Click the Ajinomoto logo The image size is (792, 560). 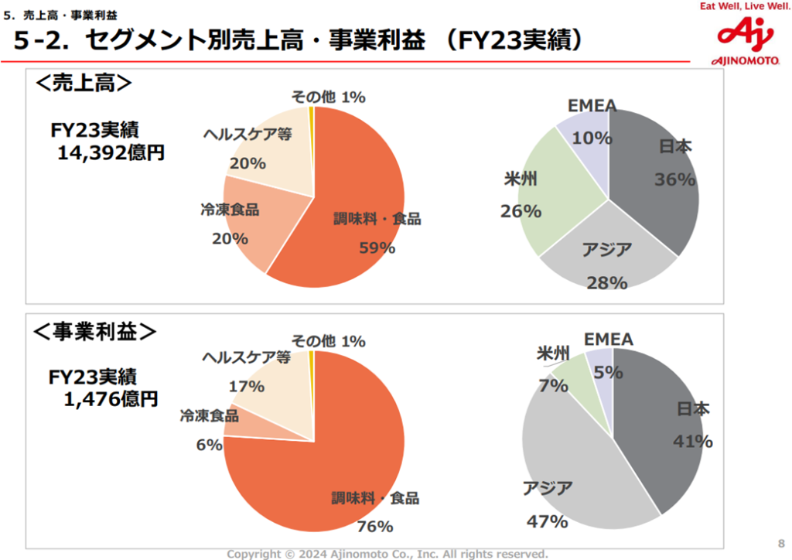[x=743, y=40]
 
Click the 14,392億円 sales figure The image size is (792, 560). [x=111, y=153]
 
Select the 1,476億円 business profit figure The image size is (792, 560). [x=111, y=399]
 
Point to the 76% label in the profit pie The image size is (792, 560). [x=375, y=527]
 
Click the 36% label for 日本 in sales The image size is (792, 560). [x=675, y=179]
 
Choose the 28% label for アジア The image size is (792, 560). [x=606, y=283]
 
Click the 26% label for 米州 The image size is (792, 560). [x=521, y=210]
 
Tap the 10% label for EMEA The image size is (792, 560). [x=592, y=138]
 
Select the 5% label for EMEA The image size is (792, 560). [x=609, y=372]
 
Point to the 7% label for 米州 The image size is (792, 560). [x=554, y=384]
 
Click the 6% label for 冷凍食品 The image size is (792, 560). [x=210, y=445]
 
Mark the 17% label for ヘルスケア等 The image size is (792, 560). [x=247, y=386]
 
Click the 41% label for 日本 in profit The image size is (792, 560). [x=692, y=442]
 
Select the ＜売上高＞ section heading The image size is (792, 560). [x=84, y=84]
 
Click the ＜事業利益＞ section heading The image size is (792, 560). [x=95, y=331]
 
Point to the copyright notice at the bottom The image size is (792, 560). [x=387, y=554]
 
